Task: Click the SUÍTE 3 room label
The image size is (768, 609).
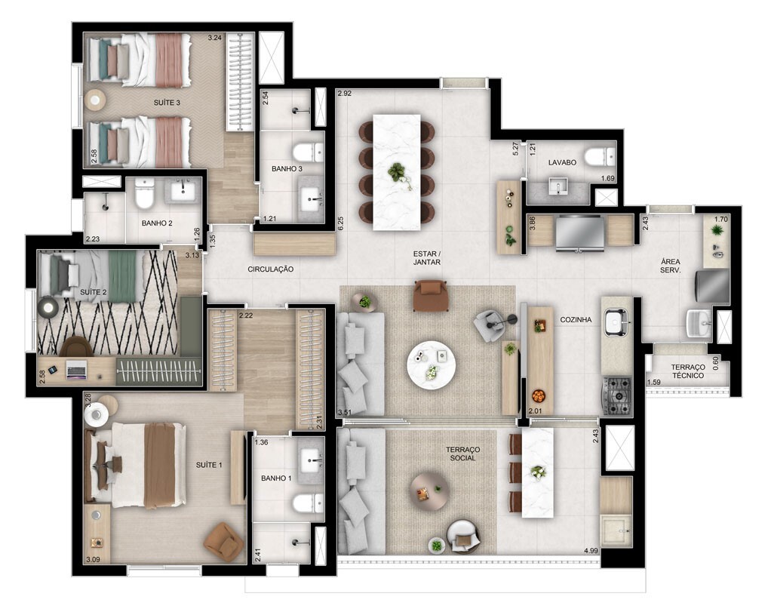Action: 167,103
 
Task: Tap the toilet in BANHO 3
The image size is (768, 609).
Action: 308,152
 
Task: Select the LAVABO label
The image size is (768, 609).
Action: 562,162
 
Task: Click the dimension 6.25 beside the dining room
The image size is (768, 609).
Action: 340,223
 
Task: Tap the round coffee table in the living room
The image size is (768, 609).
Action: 431,365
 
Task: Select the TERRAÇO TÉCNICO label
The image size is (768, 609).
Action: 688,371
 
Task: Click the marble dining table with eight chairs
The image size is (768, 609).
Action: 396,172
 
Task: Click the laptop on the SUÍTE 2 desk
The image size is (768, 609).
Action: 76,369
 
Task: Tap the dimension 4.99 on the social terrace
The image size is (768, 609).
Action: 591,551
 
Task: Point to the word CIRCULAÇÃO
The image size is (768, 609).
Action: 270,269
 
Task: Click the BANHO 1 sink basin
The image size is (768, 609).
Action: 312,460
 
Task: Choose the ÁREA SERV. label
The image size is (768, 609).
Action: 670,266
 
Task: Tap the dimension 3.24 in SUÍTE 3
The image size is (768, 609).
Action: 214,37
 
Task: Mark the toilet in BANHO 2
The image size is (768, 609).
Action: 145,193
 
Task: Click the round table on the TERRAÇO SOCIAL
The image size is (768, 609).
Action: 429,491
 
